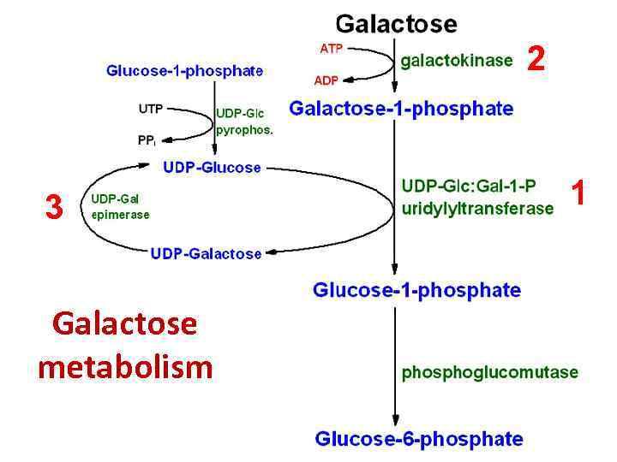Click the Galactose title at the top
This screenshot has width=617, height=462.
point(396,23)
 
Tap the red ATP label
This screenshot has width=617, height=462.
point(332,49)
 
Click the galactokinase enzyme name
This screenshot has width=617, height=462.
point(457,60)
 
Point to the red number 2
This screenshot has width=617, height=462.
point(536,59)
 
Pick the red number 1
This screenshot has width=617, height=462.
point(578,193)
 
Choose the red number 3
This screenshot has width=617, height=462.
point(54,206)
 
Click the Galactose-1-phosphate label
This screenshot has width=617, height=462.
point(401,110)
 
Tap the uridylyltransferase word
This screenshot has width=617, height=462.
point(477,208)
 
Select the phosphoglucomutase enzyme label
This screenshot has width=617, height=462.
point(490,372)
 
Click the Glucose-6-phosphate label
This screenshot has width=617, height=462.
point(419,439)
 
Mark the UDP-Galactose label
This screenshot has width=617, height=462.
point(206,253)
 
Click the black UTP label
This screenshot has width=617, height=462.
point(151,110)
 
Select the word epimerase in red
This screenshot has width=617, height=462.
point(120,215)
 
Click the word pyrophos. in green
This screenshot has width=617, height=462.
point(244,131)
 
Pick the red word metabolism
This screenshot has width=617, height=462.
point(125,366)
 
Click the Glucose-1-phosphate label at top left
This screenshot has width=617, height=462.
point(184,71)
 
